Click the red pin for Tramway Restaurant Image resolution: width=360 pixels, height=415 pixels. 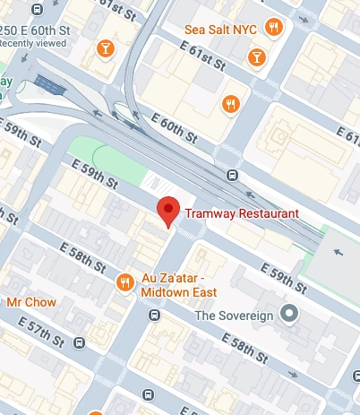pyautogui.click(x=168, y=210)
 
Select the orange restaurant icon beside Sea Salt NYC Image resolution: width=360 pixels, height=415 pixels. pyautogui.click(x=274, y=29)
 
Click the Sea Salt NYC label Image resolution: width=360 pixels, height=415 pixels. pyautogui.click(x=220, y=30)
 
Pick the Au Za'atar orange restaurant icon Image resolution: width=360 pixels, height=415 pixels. pyautogui.click(x=125, y=282)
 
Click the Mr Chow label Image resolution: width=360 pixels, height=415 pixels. pyautogui.click(x=31, y=302)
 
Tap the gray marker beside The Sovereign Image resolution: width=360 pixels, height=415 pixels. pyautogui.click(x=288, y=315)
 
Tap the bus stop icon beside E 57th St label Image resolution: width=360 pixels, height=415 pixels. pyautogui.click(x=81, y=342)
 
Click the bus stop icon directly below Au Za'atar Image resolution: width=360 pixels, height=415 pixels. pyautogui.click(x=154, y=316)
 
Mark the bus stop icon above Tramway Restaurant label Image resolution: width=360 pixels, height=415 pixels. pyautogui.click(x=232, y=175)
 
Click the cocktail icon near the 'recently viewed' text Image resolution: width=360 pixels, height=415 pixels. pyautogui.click(x=107, y=48)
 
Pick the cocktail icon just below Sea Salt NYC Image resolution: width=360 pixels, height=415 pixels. pyautogui.click(x=258, y=58)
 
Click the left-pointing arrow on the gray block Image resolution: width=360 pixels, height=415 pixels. pyautogui.click(x=339, y=252)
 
